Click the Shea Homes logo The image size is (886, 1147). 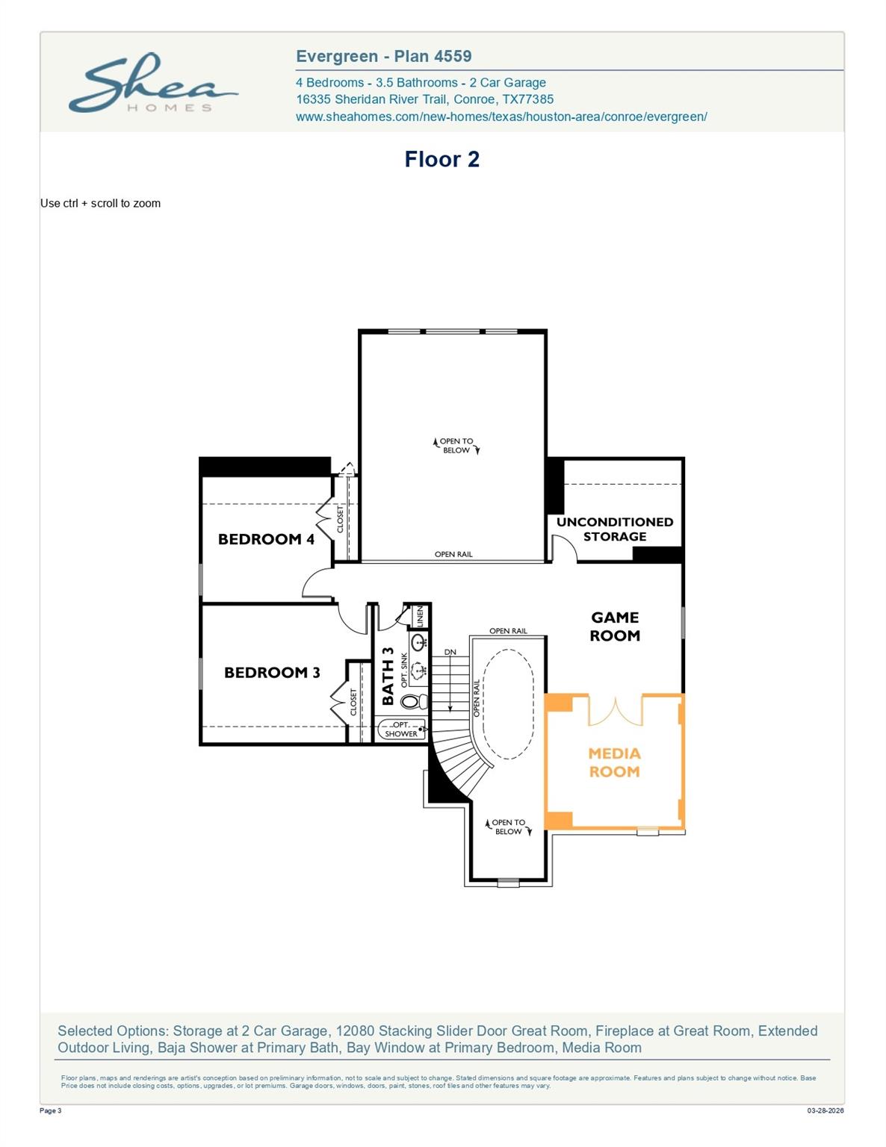(x=153, y=84)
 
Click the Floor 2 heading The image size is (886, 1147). (x=442, y=159)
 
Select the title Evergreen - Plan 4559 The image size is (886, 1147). (x=383, y=56)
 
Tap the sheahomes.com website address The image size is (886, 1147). (x=501, y=116)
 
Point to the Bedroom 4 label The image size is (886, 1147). (x=266, y=539)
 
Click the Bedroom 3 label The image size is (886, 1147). (x=272, y=673)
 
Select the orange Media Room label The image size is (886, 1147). (x=614, y=762)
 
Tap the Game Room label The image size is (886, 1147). (x=615, y=627)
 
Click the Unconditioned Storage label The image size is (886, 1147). (x=615, y=529)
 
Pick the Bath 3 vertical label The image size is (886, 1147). (x=388, y=676)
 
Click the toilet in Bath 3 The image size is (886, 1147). (x=411, y=702)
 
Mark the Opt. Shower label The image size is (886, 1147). (x=401, y=730)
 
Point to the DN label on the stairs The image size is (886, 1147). (x=450, y=652)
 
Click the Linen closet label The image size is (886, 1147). (x=420, y=616)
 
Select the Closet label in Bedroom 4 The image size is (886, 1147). (x=340, y=519)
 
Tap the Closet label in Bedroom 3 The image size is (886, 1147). (x=353, y=702)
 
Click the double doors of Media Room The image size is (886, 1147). (x=615, y=711)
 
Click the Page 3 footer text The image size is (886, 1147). (x=51, y=1110)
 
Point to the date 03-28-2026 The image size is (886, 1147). (x=825, y=1110)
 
